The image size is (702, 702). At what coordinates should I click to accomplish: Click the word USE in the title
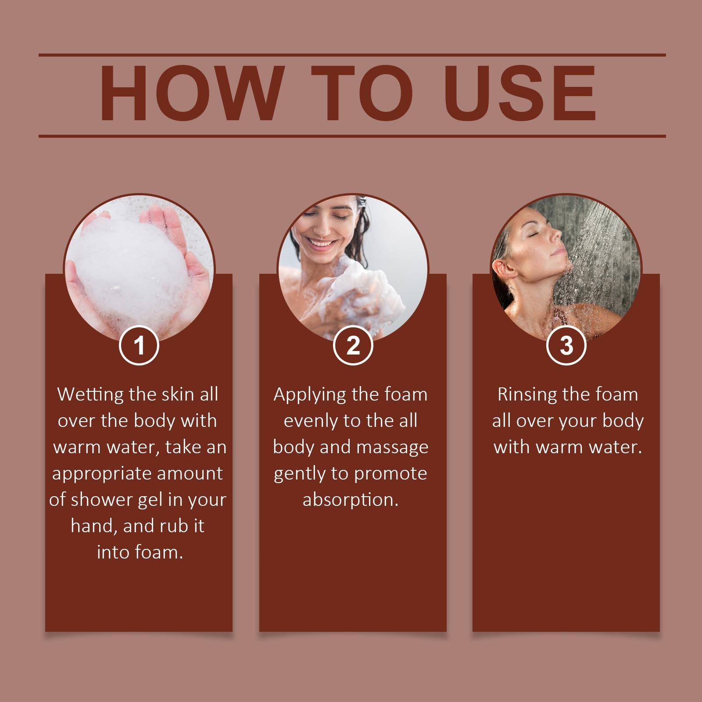tap(521, 93)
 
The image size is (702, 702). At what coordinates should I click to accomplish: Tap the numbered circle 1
tap(139, 345)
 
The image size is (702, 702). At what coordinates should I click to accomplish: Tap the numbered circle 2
tap(353, 345)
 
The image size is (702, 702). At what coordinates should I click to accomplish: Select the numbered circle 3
tap(566, 345)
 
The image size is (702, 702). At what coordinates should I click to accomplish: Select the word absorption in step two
tap(351, 500)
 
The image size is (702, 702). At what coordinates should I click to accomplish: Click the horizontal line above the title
tap(352, 55)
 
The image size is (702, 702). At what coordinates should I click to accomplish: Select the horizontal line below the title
tap(352, 136)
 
